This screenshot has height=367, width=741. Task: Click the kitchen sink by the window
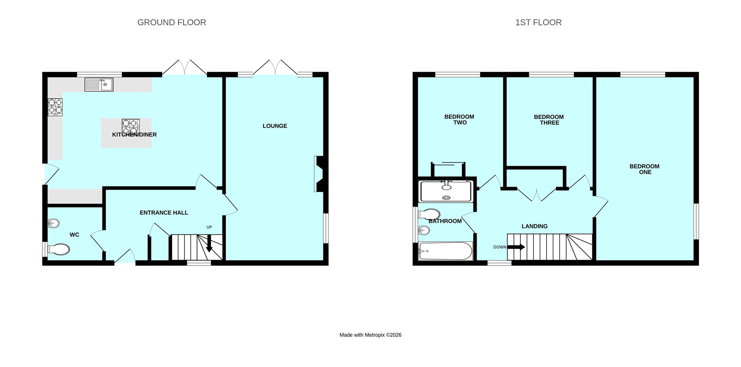click(99, 85)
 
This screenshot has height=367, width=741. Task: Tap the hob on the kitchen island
click(130, 127)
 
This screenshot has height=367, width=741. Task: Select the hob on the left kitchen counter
click(55, 107)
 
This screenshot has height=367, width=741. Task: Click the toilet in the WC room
click(58, 249)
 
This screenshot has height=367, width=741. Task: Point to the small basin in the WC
click(54, 223)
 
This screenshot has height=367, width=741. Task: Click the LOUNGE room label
click(275, 126)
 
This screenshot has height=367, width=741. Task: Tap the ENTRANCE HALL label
click(164, 212)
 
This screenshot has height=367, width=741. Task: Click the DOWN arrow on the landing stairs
click(516, 247)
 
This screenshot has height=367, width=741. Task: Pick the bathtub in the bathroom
click(445, 251)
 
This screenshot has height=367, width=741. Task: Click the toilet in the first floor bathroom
click(429, 214)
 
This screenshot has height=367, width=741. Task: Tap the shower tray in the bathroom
click(446, 192)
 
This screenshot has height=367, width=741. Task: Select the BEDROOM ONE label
click(645, 169)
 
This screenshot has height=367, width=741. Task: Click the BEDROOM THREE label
click(549, 120)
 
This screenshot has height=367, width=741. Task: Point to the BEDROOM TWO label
click(459, 119)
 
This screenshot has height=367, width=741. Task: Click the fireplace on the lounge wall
click(320, 174)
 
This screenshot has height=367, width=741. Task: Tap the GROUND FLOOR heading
click(172, 22)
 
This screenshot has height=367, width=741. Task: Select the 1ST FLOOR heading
click(538, 22)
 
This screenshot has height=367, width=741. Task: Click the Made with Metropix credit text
click(370, 335)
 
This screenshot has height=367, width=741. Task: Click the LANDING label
click(535, 226)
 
